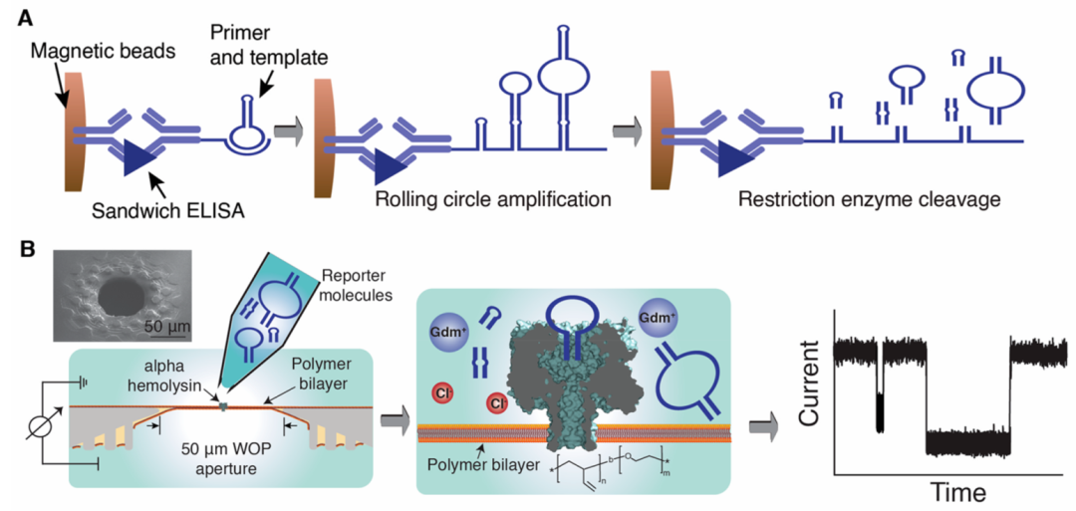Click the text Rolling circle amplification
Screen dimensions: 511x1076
point(492,198)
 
